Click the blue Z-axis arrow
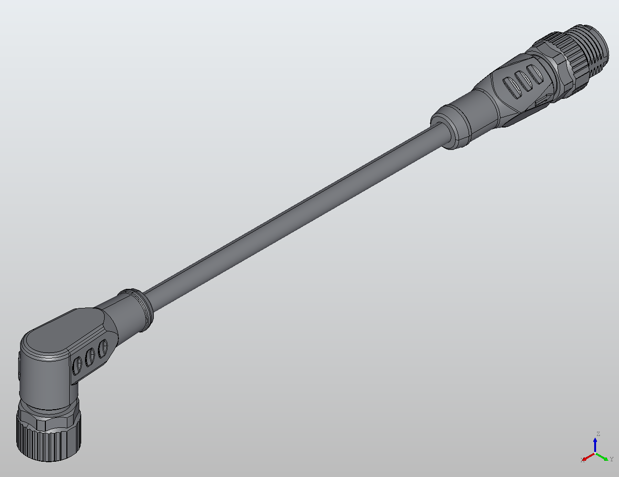coord(595,444)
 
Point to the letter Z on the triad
coord(598,434)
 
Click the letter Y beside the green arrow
coord(611,459)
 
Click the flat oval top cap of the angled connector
coord(62,334)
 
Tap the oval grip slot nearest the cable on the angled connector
coord(102,349)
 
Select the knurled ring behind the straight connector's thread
coord(576,53)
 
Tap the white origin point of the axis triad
coord(595,453)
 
